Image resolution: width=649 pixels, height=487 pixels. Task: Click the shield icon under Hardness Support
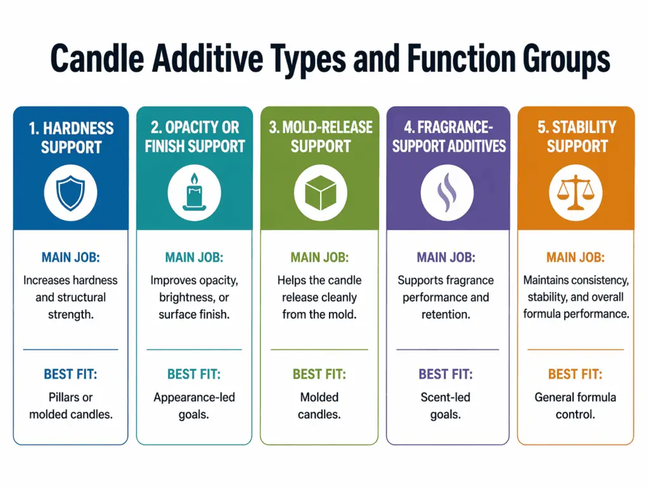click(x=70, y=193)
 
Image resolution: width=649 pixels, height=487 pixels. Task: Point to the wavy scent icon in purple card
click(x=447, y=192)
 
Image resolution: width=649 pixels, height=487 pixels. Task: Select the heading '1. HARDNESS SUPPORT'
click(x=70, y=137)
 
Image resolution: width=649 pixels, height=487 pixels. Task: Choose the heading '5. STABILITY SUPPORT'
click(x=576, y=136)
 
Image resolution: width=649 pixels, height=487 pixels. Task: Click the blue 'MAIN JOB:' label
click(x=70, y=257)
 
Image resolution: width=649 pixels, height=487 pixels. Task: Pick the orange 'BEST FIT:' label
click(x=575, y=374)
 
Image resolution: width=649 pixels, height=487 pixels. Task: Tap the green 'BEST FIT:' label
click(x=319, y=374)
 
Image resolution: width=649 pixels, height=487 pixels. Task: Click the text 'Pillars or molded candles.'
click(x=70, y=406)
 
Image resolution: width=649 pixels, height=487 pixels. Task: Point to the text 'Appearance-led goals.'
click(x=194, y=406)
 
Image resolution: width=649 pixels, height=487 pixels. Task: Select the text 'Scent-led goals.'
click(x=447, y=406)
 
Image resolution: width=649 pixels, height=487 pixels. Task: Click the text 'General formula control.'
click(x=575, y=406)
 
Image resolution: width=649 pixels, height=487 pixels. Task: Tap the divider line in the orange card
click(x=575, y=349)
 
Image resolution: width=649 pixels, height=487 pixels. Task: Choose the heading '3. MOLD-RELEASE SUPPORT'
click(x=320, y=137)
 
